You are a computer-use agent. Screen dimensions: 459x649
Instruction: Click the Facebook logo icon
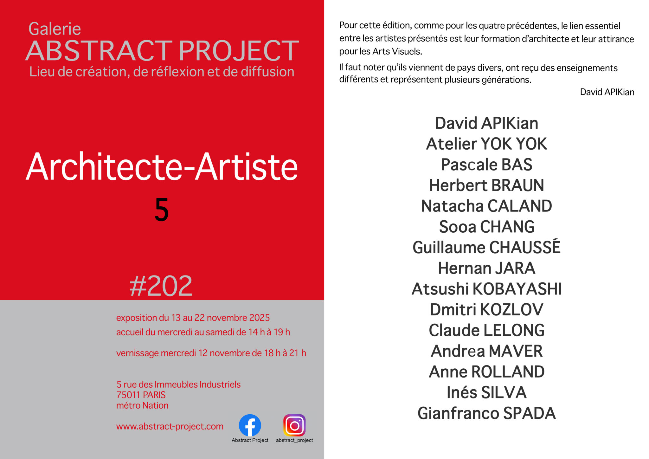[x=250, y=425]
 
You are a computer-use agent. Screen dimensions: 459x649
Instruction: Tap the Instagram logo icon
[x=294, y=425]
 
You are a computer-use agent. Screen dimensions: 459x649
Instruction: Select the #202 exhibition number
[x=161, y=286]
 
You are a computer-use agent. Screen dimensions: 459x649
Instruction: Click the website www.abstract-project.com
[x=170, y=426]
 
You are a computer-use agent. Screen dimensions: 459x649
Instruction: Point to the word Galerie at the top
[x=55, y=29]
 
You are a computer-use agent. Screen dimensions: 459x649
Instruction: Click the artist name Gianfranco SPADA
[x=486, y=413]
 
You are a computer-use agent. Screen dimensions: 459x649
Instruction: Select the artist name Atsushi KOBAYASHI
[x=486, y=289]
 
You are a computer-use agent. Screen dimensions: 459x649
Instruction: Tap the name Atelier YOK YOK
[x=486, y=144]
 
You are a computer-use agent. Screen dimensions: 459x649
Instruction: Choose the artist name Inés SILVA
[x=486, y=392]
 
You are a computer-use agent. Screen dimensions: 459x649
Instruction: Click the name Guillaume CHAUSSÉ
[x=486, y=247]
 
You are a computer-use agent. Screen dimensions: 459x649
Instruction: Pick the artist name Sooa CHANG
[x=486, y=227]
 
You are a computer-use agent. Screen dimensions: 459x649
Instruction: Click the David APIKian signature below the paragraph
[x=607, y=92]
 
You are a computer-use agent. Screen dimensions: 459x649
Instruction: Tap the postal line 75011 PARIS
[x=141, y=395]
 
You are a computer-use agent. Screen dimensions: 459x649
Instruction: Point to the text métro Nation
[x=142, y=405]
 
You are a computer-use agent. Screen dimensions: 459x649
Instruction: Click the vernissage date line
[x=211, y=353]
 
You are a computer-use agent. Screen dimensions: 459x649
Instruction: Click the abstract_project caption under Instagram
[x=294, y=440]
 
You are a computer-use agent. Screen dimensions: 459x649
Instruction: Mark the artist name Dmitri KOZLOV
[x=486, y=309]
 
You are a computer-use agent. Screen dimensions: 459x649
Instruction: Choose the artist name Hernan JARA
[x=486, y=268]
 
